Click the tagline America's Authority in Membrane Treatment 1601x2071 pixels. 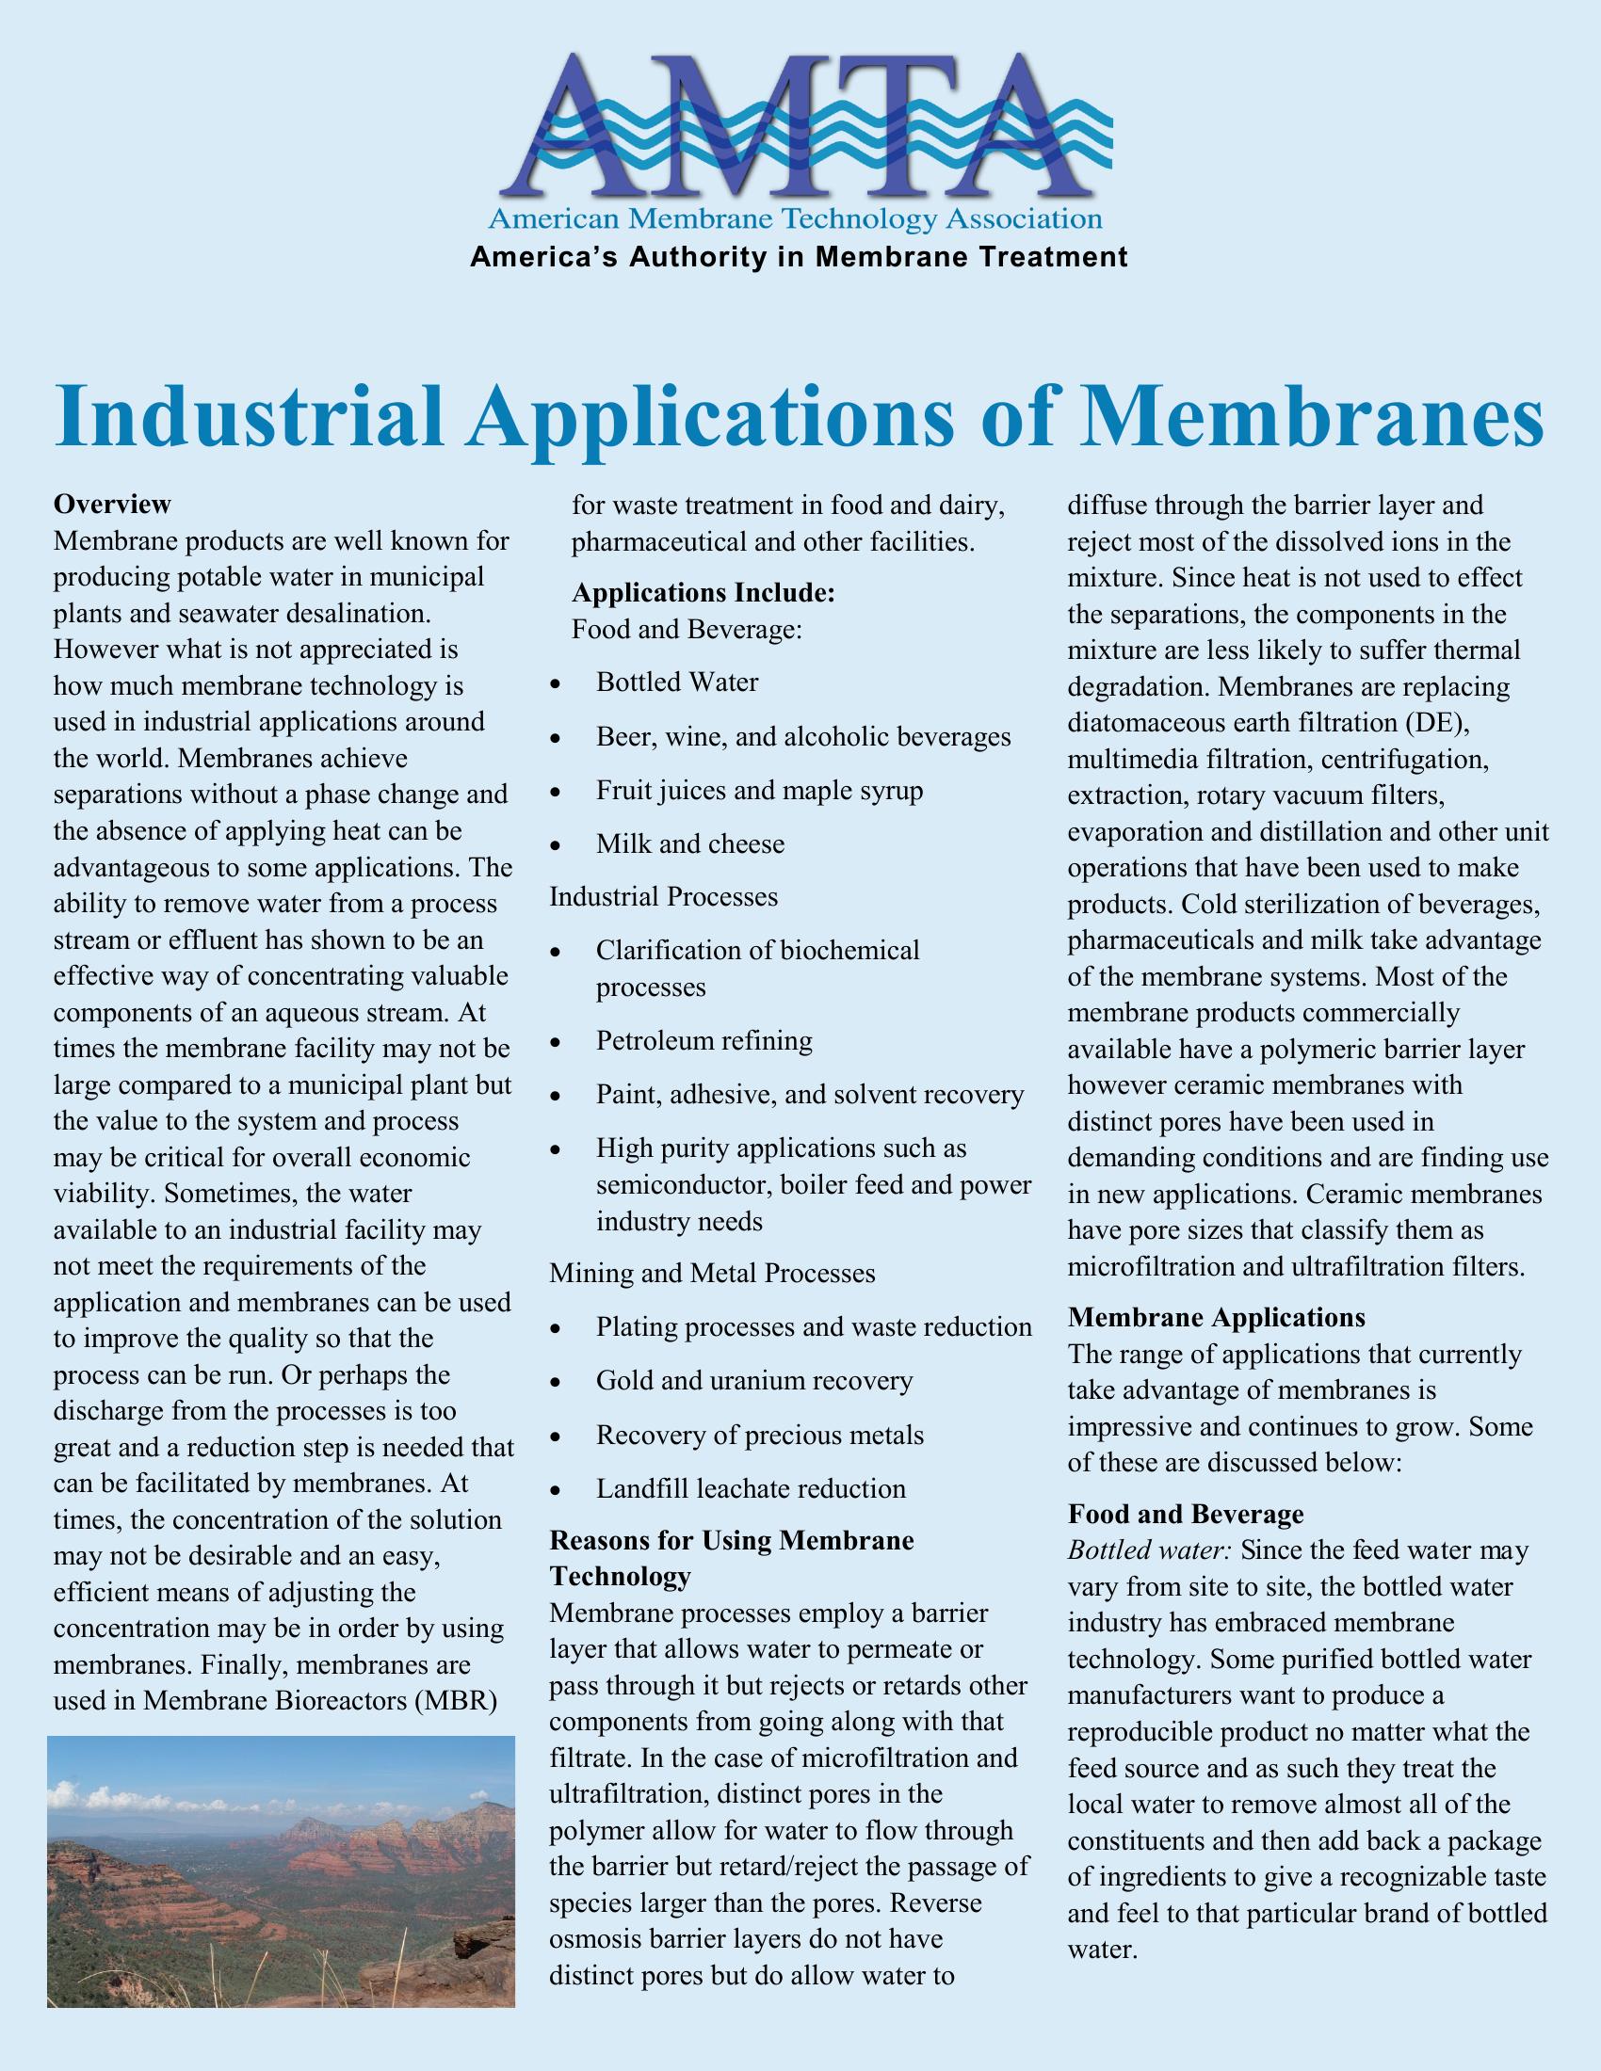point(799,257)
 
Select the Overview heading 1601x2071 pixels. point(112,503)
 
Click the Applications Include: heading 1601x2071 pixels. point(703,593)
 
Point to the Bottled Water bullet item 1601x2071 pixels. point(677,682)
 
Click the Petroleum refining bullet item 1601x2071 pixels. point(703,1041)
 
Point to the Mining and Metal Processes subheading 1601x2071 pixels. point(711,1273)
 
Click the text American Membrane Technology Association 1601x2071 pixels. point(795,220)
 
